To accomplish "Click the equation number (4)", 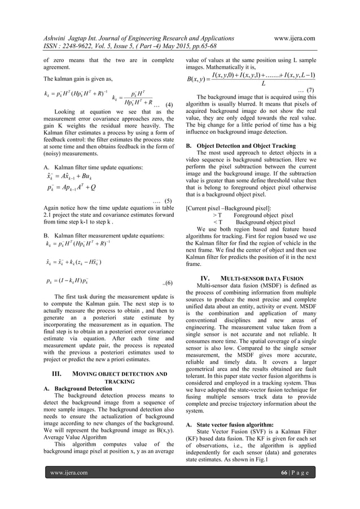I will [x=168, y=105].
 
